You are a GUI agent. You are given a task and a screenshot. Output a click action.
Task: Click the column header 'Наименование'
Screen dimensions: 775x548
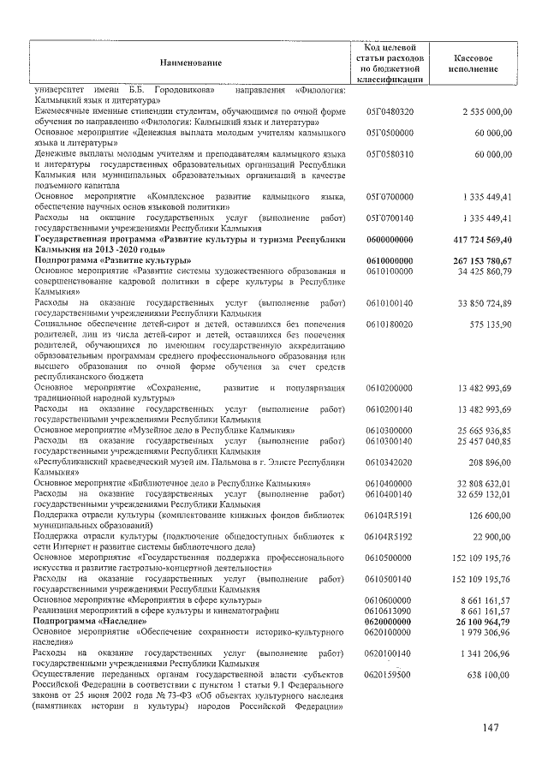pyautogui.click(x=189, y=63)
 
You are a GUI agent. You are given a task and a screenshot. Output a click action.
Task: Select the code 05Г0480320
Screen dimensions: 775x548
pyautogui.click(x=390, y=111)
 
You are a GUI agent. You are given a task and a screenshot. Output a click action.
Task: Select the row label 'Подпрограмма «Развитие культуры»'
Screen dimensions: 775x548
pyautogui.click(x=111, y=259)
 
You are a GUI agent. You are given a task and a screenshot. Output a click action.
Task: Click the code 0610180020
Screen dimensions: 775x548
pyautogui.click(x=390, y=325)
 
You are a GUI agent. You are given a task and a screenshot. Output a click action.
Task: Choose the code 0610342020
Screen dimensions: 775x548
pyautogui.click(x=390, y=462)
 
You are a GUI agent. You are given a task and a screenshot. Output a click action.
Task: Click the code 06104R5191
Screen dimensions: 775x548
pyautogui.click(x=390, y=516)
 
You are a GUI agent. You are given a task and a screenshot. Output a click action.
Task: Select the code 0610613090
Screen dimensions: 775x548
pyautogui.click(x=390, y=611)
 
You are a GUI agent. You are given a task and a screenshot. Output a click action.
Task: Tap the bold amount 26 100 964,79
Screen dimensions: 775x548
pyautogui.click(x=483, y=621)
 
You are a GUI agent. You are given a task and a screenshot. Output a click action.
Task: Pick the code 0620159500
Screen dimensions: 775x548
pyautogui.click(x=390, y=675)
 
